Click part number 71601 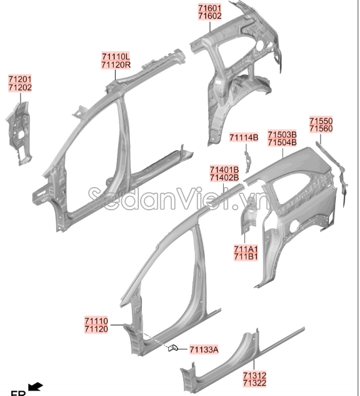click(209, 8)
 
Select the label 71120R click(116, 65)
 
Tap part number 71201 click(20, 79)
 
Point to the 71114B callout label click(244, 138)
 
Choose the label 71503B click(282, 134)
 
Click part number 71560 click(321, 128)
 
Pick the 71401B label click(224, 170)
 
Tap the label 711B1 click(246, 256)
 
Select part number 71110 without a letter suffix click(96, 322)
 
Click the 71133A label click(204, 350)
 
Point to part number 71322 click(254, 383)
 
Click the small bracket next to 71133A click(173, 348)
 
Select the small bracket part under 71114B click(247, 161)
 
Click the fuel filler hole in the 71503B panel click(294, 226)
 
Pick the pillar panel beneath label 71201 click(19, 134)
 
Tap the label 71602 click(209, 16)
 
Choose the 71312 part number click(254, 375)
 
